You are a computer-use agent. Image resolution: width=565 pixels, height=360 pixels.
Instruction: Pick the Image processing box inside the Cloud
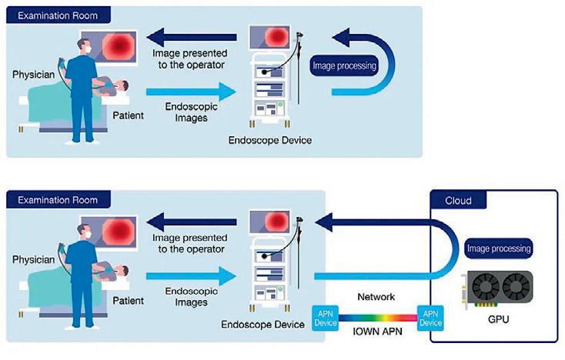click(498, 248)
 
